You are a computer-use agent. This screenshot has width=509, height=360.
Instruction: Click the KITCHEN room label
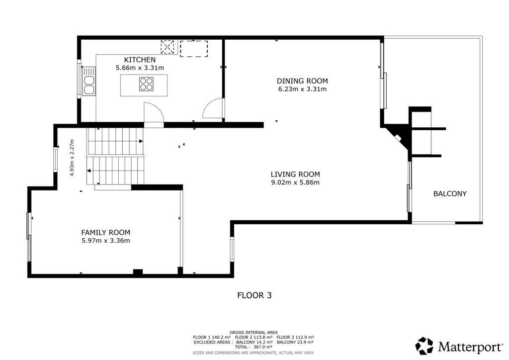[x=140, y=60]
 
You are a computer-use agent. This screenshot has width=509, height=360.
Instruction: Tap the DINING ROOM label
[x=302, y=81]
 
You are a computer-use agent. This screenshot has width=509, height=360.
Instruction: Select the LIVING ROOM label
[x=295, y=175]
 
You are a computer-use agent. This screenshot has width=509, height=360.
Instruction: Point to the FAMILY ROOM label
[x=105, y=232]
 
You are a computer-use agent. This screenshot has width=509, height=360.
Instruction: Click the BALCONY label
[x=450, y=194]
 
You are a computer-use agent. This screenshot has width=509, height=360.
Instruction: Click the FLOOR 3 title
[x=254, y=295]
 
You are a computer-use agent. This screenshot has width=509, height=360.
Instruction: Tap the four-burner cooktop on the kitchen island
[x=146, y=84]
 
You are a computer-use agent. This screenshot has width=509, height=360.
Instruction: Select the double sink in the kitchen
[x=88, y=81]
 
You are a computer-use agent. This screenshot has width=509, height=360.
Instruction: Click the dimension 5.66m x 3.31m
[x=140, y=68]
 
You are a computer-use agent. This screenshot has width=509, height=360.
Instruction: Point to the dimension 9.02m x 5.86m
[x=295, y=182]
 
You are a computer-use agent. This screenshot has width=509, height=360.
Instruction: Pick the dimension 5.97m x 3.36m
[x=105, y=241]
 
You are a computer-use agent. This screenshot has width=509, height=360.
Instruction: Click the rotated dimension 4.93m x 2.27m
[x=72, y=158]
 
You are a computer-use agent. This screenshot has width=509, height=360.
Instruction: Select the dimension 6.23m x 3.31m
[x=302, y=89]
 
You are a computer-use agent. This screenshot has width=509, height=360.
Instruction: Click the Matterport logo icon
[x=424, y=346]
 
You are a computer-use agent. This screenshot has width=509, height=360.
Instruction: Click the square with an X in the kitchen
[x=168, y=47]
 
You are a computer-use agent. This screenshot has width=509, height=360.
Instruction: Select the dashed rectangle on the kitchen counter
[x=194, y=49]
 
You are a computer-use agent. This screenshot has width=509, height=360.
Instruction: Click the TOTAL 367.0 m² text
[x=254, y=347]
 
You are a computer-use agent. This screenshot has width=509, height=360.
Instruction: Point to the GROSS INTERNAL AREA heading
[x=254, y=333]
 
